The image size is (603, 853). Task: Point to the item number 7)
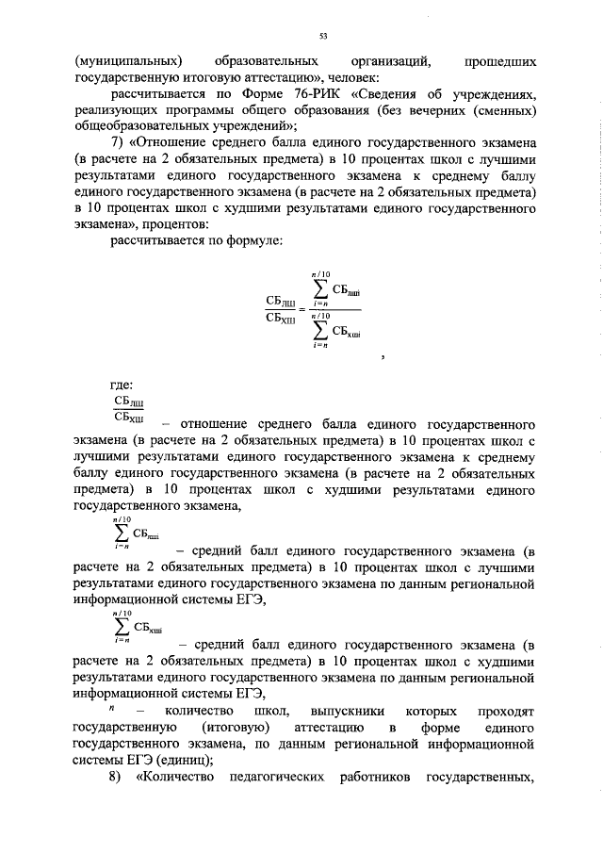pos(119,141)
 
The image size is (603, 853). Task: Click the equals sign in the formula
pos(301,309)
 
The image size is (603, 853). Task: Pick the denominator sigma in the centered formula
pos(320,331)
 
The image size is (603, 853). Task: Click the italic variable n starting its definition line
pos(112,708)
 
